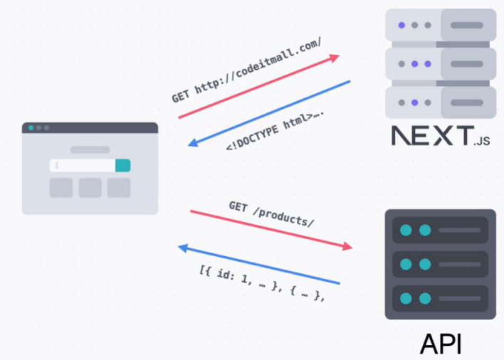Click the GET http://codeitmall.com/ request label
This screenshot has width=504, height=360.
click(x=246, y=70)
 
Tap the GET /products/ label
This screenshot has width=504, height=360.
click(x=271, y=213)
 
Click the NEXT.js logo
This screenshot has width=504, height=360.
click(x=441, y=135)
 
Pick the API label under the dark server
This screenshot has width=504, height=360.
click(x=440, y=343)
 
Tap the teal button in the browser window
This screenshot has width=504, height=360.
click(x=122, y=166)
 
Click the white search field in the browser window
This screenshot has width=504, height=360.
click(x=83, y=166)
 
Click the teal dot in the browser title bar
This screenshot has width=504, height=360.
click(x=31, y=128)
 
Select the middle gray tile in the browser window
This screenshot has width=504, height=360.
click(x=90, y=188)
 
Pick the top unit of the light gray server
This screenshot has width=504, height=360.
click(x=440, y=25)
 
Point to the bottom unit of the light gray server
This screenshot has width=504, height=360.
click(x=440, y=102)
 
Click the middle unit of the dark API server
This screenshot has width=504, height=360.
click(x=440, y=264)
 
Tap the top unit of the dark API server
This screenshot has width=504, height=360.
click(x=440, y=230)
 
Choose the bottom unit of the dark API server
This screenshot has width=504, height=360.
click(x=440, y=298)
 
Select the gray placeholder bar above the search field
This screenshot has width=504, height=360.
click(x=90, y=150)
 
